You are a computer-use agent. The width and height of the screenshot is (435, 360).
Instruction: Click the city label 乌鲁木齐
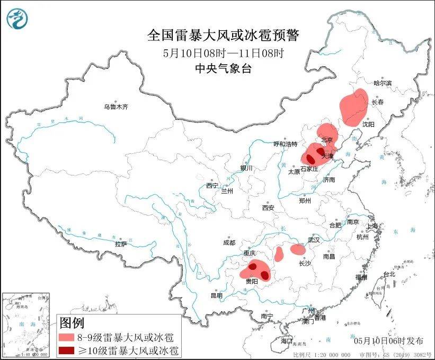[x=116, y=107]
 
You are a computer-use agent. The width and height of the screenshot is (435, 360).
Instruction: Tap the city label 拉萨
[x=121, y=244]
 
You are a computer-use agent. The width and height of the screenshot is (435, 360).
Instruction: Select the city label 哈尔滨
[x=383, y=83]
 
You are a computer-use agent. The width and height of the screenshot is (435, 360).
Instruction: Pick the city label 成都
[x=229, y=243]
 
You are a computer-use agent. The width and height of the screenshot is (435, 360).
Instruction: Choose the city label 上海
[x=373, y=226]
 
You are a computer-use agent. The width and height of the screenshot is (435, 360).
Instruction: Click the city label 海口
[x=287, y=340]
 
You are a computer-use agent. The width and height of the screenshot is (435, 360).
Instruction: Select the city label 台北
[x=389, y=274]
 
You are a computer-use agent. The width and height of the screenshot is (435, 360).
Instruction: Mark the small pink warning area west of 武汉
[x=298, y=249]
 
